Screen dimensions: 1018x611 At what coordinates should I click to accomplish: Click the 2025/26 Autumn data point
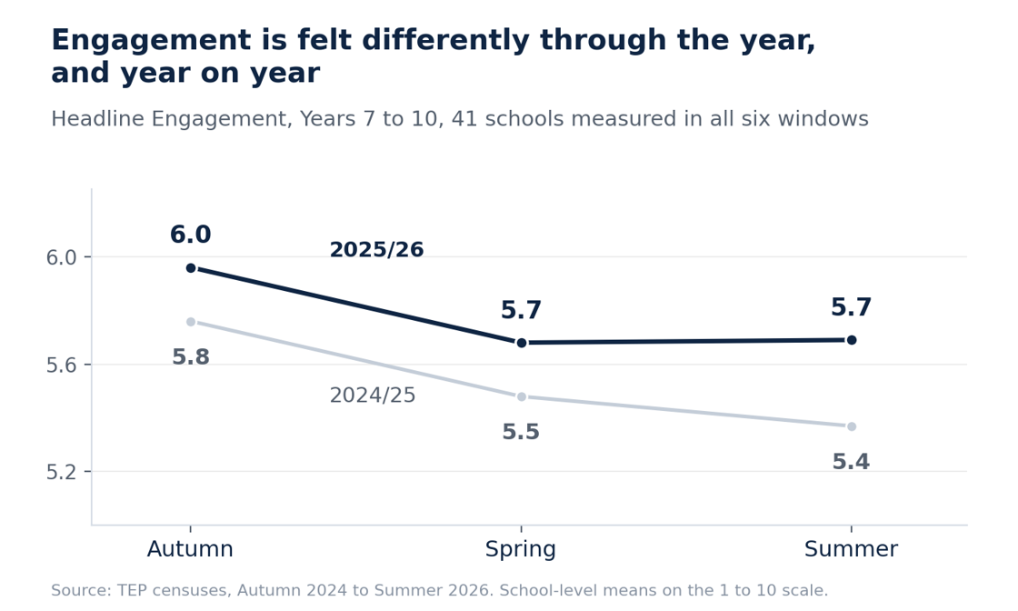pyautogui.click(x=191, y=267)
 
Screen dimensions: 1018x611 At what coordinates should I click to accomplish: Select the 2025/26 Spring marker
pyautogui.click(x=522, y=343)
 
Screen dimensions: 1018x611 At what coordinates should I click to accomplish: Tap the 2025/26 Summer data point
pyautogui.click(x=852, y=339)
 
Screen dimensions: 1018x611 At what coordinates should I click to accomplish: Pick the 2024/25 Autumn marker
pyautogui.click(x=191, y=321)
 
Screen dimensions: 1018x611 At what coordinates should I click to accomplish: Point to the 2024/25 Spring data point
pyautogui.click(x=522, y=396)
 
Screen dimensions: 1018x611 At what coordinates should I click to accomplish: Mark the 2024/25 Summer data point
pyautogui.click(x=852, y=426)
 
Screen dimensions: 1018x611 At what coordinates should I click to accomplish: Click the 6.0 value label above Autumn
pyautogui.click(x=191, y=235)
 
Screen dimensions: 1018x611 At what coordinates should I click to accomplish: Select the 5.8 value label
pyautogui.click(x=191, y=357)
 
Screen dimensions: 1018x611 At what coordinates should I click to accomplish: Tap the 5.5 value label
pyautogui.click(x=522, y=432)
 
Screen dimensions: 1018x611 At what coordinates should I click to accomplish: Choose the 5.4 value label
pyautogui.click(x=851, y=462)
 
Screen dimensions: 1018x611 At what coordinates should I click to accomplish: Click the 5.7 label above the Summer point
pyautogui.click(x=851, y=307)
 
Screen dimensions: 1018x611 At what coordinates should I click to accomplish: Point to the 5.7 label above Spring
pyautogui.click(x=522, y=310)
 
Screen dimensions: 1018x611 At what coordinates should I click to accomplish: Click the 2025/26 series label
pyautogui.click(x=376, y=250)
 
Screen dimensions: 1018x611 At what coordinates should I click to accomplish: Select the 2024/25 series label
pyautogui.click(x=373, y=396)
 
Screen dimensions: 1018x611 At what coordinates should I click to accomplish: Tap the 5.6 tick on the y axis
pyautogui.click(x=61, y=365)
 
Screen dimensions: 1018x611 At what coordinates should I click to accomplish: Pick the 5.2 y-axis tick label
pyautogui.click(x=61, y=472)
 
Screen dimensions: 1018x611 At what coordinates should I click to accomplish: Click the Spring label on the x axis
pyautogui.click(x=521, y=550)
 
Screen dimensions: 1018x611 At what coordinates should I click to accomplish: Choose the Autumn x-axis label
pyautogui.click(x=190, y=549)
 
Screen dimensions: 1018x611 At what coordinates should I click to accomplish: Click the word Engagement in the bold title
pyautogui.click(x=151, y=41)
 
